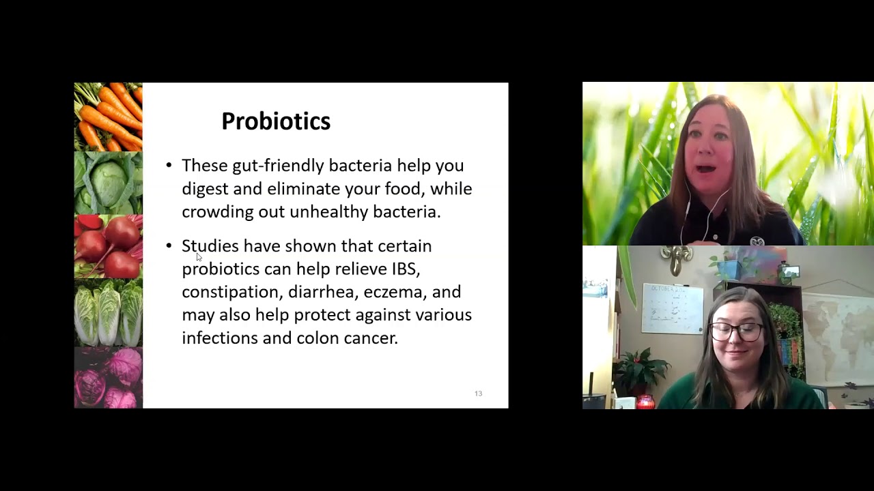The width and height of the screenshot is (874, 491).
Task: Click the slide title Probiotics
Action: [x=276, y=121]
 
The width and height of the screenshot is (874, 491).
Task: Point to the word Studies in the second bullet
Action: [x=210, y=246]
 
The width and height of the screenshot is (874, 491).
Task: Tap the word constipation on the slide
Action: [x=232, y=292]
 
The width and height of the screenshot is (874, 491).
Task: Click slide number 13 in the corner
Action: [x=479, y=393]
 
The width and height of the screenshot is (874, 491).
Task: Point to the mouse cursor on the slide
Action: [x=199, y=257]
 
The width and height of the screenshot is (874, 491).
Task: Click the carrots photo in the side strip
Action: [x=109, y=117]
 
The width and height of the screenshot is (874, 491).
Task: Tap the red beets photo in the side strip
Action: [x=109, y=247]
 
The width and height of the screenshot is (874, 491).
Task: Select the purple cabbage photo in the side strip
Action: [x=109, y=378]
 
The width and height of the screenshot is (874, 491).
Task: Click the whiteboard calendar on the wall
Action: [x=673, y=309]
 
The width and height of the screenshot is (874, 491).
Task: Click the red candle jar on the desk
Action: [x=645, y=402]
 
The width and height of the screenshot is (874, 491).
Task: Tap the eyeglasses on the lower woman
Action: [x=736, y=332]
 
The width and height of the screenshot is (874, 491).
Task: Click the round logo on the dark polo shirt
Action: [x=757, y=241]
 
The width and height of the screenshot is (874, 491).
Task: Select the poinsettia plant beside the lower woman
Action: [x=640, y=371]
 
